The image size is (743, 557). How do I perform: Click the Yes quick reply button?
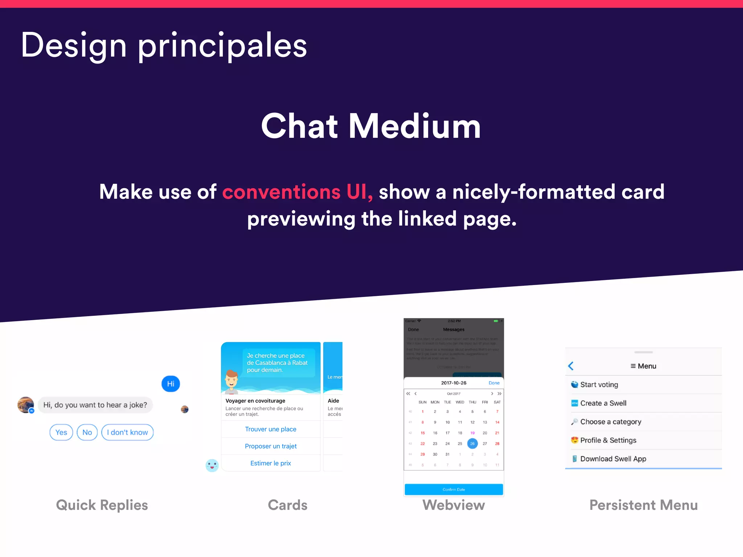coord(61,432)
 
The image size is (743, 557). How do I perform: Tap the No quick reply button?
coord(87,432)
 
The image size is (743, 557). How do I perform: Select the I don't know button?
coord(127,432)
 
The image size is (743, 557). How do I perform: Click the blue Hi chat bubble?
coord(171,384)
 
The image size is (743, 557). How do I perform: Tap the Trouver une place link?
coord(271,429)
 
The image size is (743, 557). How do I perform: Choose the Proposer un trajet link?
coord(271,446)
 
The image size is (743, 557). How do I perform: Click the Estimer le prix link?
coord(271,463)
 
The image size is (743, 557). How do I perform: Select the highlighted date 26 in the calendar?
coord(472,443)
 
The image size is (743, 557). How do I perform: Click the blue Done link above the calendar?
coord(494,383)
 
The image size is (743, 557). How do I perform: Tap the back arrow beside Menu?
coord(571,366)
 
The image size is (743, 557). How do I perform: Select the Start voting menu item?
coord(599,385)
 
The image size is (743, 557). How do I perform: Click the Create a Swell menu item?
coord(603,403)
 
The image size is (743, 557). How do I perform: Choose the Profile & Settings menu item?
coord(608,440)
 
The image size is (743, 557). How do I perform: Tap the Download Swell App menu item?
coord(613,459)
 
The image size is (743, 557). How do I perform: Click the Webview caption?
coord(453,505)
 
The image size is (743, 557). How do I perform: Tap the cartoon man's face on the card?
coord(231,380)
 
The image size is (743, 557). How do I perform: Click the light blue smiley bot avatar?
coord(212,465)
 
